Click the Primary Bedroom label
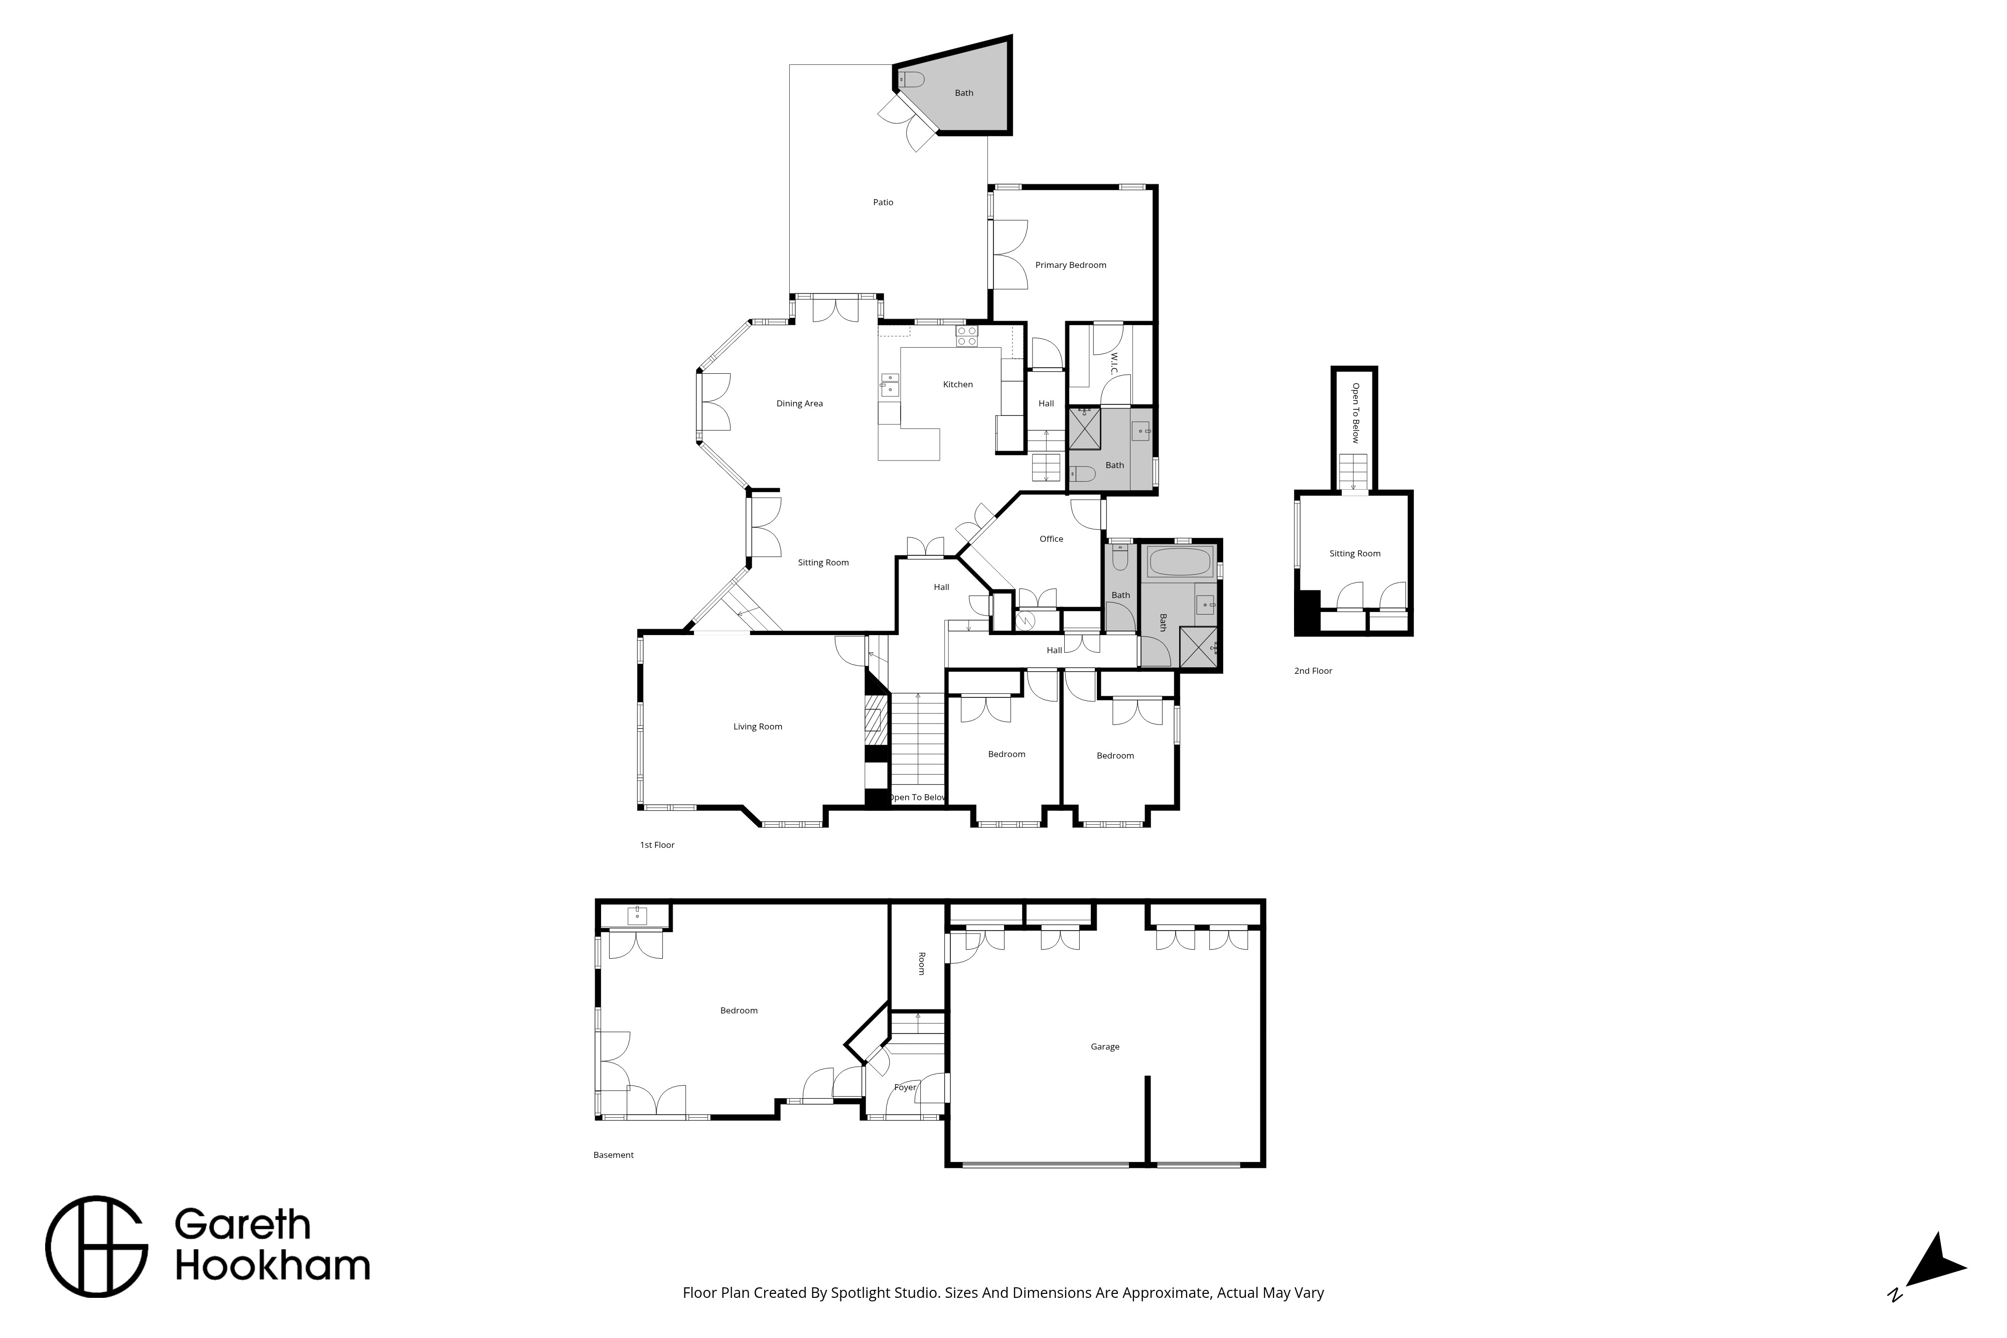click(x=1070, y=265)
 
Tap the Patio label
click(x=883, y=202)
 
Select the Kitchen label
click(x=957, y=385)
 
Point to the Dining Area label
click(x=800, y=404)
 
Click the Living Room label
click(x=758, y=727)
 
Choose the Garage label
click(x=1105, y=1047)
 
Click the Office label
click(x=1051, y=539)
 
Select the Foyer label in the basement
click(x=905, y=1088)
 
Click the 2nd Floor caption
click(x=1313, y=672)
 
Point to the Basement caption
click(x=614, y=1155)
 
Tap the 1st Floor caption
click(x=657, y=846)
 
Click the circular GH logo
click(x=96, y=1248)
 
